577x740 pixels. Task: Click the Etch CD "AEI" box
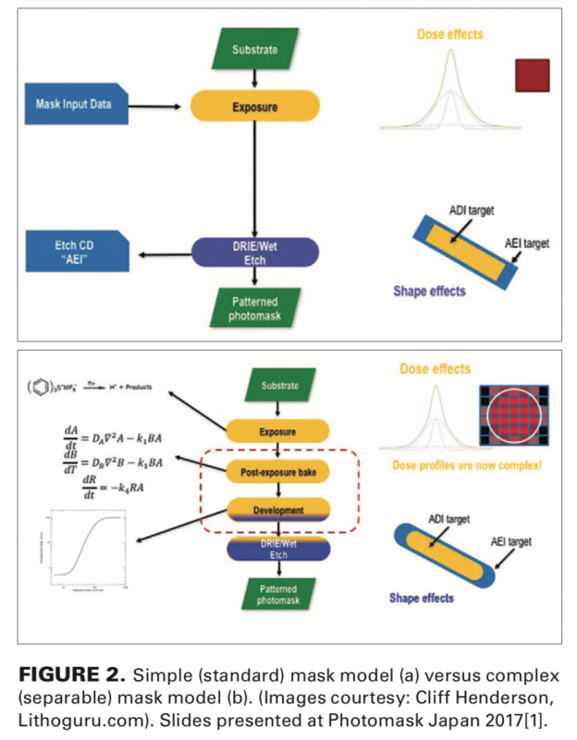[x=76, y=251]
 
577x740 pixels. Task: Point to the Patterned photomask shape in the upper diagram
[x=254, y=309]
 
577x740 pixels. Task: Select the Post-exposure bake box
[x=278, y=472]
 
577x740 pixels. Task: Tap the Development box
[x=278, y=509]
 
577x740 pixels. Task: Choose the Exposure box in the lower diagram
[x=278, y=430]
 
